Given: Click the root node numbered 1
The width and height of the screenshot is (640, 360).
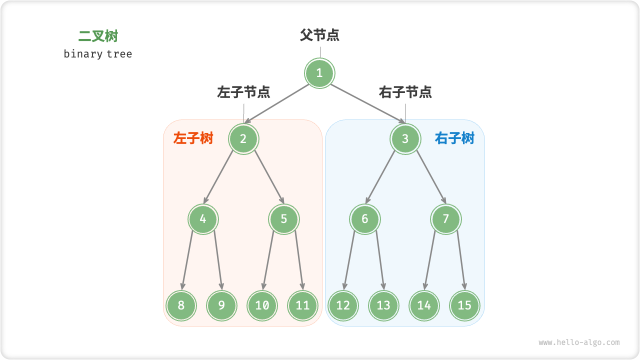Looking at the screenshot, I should coord(319,73).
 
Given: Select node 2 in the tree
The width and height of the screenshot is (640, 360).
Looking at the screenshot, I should coord(243,138).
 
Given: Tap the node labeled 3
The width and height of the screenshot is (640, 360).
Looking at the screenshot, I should coord(405,138).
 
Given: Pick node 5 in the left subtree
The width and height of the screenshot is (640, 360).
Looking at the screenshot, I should coord(284,219).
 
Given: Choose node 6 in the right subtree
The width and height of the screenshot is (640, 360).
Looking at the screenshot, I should coord(365,219).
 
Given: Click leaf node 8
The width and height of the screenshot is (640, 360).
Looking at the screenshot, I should coord(181,305).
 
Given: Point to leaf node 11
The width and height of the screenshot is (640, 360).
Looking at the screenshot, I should coord(302,305).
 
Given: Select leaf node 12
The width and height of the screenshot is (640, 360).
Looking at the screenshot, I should coord(343,305).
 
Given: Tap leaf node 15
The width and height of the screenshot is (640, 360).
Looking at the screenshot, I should coord(464,305).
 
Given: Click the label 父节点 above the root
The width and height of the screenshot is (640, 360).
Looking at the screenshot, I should coord(319,35).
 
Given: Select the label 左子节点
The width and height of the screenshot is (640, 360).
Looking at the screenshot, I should coord(243,92).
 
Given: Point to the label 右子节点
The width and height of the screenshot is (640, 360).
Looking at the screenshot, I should coord(405,92).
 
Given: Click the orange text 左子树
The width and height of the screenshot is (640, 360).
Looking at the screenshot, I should coord(193,138).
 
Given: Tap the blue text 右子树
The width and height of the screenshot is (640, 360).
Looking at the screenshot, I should coord(454,138).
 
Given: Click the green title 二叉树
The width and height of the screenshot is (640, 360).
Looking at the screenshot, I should coord(98,36).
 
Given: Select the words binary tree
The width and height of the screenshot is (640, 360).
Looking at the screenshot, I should coord(98,54).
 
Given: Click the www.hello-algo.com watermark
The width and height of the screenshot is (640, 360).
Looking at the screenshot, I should coord(579,342).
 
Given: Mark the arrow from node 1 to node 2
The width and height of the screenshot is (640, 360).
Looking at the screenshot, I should coord(278,103).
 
